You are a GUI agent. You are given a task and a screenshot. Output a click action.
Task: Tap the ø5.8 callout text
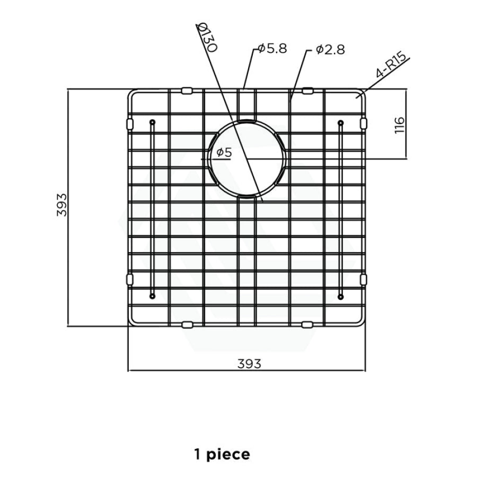(272, 49)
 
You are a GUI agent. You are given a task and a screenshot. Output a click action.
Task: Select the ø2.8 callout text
(330, 50)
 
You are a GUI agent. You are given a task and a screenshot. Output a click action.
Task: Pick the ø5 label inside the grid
(224, 153)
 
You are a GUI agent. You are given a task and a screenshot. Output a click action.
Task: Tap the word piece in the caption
(229, 454)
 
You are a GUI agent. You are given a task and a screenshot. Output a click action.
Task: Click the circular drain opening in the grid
(246, 158)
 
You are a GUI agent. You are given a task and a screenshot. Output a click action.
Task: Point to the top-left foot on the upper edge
(187, 91)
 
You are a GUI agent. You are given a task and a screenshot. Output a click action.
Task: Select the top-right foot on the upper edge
(307, 91)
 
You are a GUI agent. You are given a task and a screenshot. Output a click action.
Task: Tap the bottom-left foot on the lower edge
(187, 324)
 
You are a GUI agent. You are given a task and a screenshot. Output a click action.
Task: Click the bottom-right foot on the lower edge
(307, 324)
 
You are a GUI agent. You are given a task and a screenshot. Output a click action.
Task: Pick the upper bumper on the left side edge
(129, 123)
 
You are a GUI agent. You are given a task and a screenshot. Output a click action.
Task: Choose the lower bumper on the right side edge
(364, 279)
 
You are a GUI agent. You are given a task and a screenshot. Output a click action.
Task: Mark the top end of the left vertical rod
(152, 123)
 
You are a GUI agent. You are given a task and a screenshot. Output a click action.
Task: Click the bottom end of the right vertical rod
(340, 296)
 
